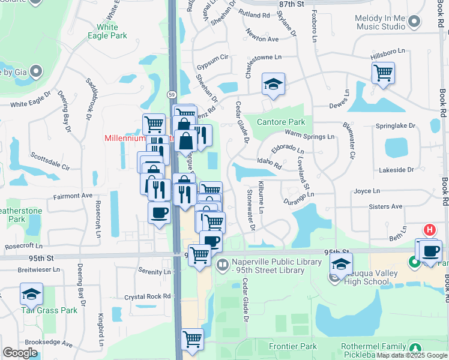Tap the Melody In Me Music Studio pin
[x=414, y=23]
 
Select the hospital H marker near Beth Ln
[x=430, y=230]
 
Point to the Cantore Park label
[x=281, y=122]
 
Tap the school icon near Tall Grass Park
[x=31, y=294]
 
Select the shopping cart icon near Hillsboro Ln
[x=383, y=73]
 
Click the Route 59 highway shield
[x=171, y=94]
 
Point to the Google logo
[x=20, y=353]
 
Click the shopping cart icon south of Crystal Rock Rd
[x=192, y=340]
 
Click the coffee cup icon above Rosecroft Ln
[x=159, y=212]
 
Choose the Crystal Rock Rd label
[x=148, y=296]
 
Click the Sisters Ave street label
[x=386, y=206]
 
